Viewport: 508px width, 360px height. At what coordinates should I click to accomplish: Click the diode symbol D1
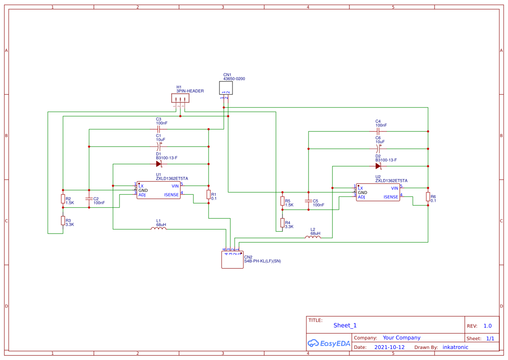159,164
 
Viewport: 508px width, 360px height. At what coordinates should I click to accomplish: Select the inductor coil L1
159,229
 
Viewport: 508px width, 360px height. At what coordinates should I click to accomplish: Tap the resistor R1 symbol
209,194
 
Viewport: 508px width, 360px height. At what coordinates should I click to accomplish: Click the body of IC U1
158,190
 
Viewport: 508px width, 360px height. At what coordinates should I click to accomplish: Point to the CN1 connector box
226,88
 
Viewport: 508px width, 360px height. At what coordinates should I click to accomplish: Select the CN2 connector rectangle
232,260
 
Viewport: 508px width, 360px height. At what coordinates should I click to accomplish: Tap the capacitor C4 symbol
378,131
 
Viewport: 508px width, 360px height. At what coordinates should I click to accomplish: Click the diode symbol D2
378,166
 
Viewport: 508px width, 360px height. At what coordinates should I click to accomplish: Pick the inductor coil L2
313,237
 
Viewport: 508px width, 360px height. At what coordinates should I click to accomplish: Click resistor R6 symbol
428,196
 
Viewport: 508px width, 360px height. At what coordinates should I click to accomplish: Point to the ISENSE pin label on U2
391,197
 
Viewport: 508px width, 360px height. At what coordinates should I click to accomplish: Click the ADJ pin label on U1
142,195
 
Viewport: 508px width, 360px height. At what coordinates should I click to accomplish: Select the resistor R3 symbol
63,220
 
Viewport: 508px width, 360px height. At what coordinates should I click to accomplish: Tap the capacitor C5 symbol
308,201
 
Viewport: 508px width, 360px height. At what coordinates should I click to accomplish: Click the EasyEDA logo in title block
329,343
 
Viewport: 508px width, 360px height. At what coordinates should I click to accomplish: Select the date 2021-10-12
389,347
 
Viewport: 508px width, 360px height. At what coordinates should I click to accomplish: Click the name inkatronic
455,347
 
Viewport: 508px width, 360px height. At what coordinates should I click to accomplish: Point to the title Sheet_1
345,325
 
